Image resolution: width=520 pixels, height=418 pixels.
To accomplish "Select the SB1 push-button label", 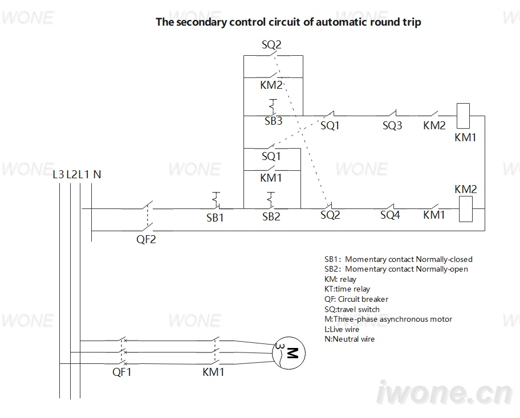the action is (x=215, y=218).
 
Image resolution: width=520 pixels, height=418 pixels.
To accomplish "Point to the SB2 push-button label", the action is (x=271, y=216).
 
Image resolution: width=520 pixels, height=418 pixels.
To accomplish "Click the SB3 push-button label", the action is (x=273, y=121).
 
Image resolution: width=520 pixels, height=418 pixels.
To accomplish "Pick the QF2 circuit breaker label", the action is (x=146, y=239).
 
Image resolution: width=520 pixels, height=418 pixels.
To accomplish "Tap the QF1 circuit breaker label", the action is (x=121, y=372).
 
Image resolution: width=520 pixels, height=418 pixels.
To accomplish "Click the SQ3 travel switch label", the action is (x=392, y=125).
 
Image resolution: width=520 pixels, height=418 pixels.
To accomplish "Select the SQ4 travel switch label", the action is (x=390, y=215).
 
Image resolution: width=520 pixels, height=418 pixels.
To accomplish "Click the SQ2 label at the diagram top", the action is (x=271, y=44).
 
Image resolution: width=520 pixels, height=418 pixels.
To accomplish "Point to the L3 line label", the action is (x=58, y=174).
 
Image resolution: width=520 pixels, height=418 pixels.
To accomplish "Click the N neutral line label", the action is (x=97, y=174).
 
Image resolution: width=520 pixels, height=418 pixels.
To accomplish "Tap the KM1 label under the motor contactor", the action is (x=213, y=372).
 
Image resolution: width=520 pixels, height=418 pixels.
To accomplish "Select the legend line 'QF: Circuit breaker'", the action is (x=356, y=299).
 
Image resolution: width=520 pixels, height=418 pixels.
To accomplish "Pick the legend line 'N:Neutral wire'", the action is (x=350, y=339).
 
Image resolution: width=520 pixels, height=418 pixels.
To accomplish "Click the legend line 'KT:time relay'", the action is (x=347, y=289).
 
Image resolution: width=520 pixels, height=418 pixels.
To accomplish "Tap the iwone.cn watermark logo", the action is (x=445, y=393).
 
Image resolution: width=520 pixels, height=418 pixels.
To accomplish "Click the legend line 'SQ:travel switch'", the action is (x=352, y=309).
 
